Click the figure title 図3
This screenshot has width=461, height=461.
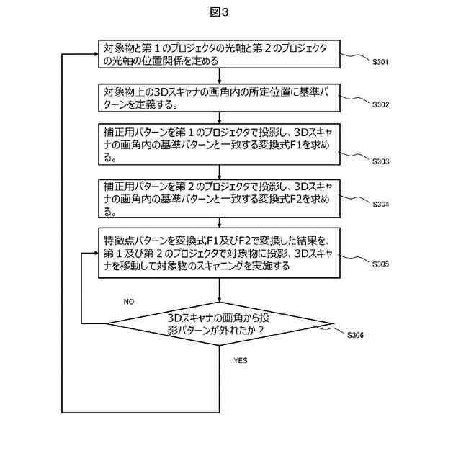pos(230,12)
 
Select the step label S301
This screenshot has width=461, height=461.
pos(380,62)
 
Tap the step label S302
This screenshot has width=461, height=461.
pos(380,104)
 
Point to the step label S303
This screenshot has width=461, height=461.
pos(380,161)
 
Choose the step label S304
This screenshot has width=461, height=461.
pos(380,204)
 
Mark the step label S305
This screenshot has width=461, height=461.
pos(380,264)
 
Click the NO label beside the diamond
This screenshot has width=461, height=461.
pos(129,300)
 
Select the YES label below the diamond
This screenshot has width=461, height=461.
pos(241,359)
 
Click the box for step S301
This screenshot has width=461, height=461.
pos(219,55)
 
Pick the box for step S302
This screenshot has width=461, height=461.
pos(219,98)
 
